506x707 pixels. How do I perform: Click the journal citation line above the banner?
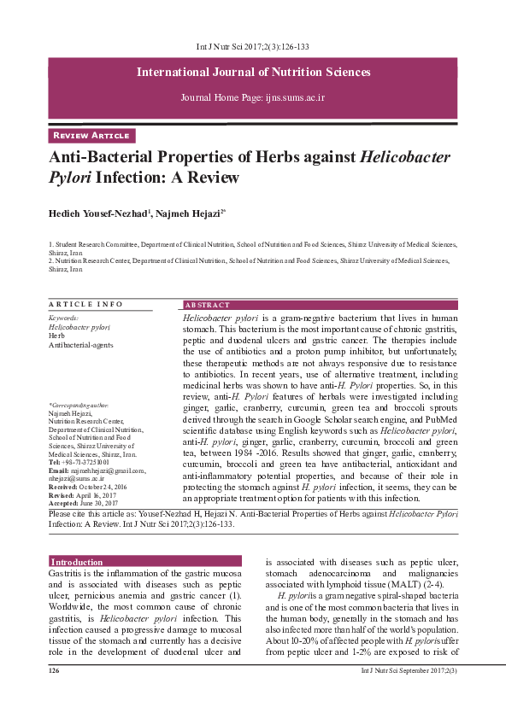click(x=253, y=47)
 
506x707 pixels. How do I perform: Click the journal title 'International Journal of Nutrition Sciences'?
click(x=253, y=72)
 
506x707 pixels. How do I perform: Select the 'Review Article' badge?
click(x=91, y=136)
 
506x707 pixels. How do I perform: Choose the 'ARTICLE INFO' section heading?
click(x=86, y=305)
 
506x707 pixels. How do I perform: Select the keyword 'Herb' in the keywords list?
click(x=56, y=336)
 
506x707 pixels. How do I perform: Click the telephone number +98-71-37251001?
click(x=84, y=462)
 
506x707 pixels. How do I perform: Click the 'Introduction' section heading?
click(x=77, y=562)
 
